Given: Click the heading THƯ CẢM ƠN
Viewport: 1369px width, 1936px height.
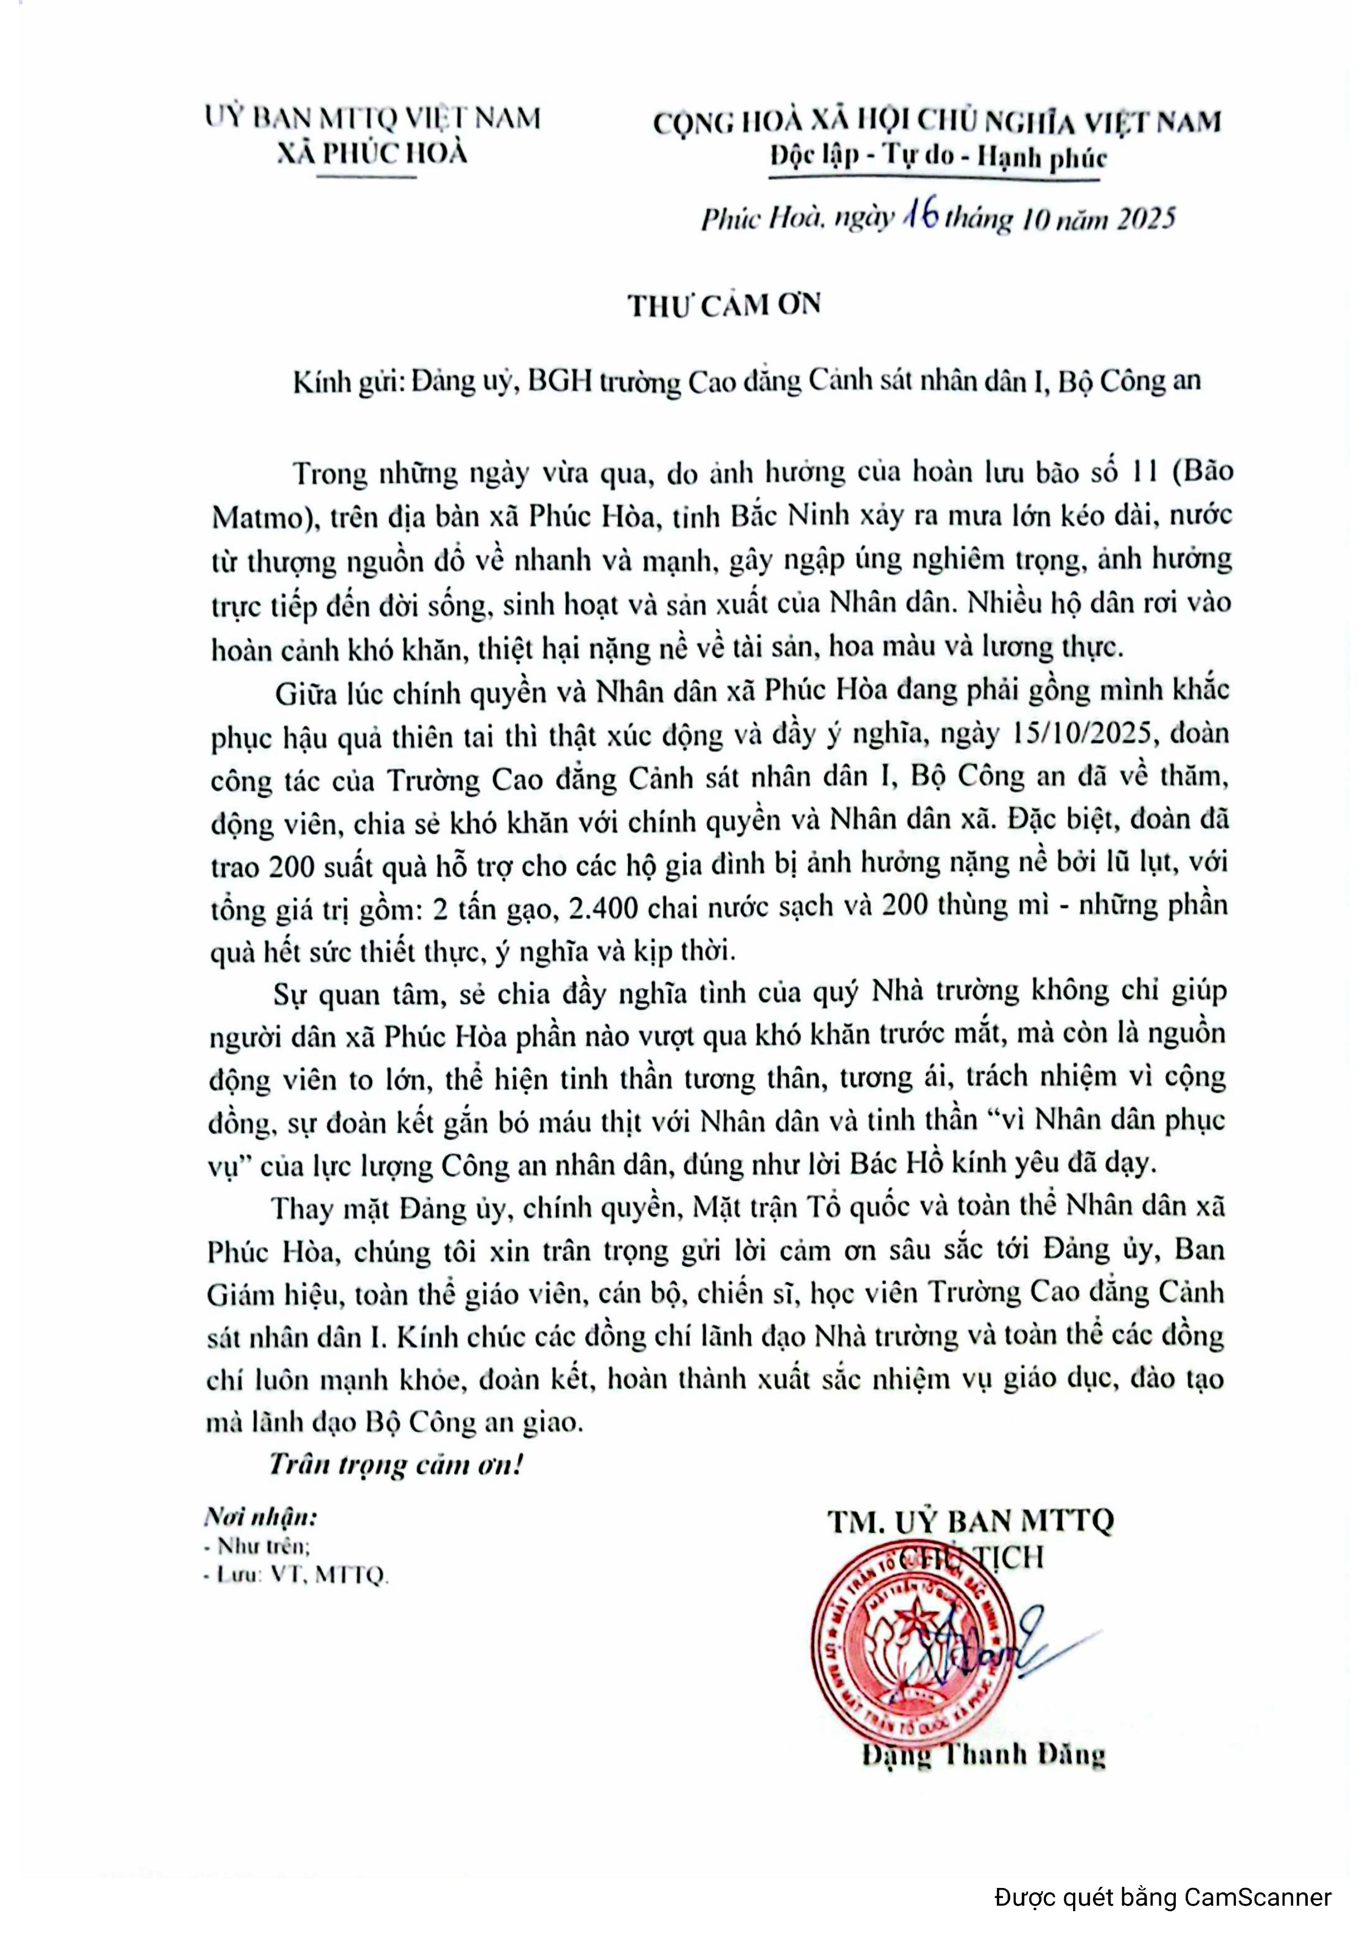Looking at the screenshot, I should pyautogui.click(x=724, y=305).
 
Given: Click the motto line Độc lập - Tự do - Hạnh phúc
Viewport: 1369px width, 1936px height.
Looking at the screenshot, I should pyautogui.click(x=938, y=158).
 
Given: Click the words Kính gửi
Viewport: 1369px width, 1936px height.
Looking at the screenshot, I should pyautogui.click(x=345, y=382).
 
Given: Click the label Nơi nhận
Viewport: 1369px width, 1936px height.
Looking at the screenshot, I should pyautogui.click(x=261, y=1518).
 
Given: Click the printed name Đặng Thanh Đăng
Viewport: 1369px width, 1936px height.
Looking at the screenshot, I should pyautogui.click(x=983, y=1754).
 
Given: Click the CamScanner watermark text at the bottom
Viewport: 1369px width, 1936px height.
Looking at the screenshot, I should pyautogui.click(x=1163, y=1896).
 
